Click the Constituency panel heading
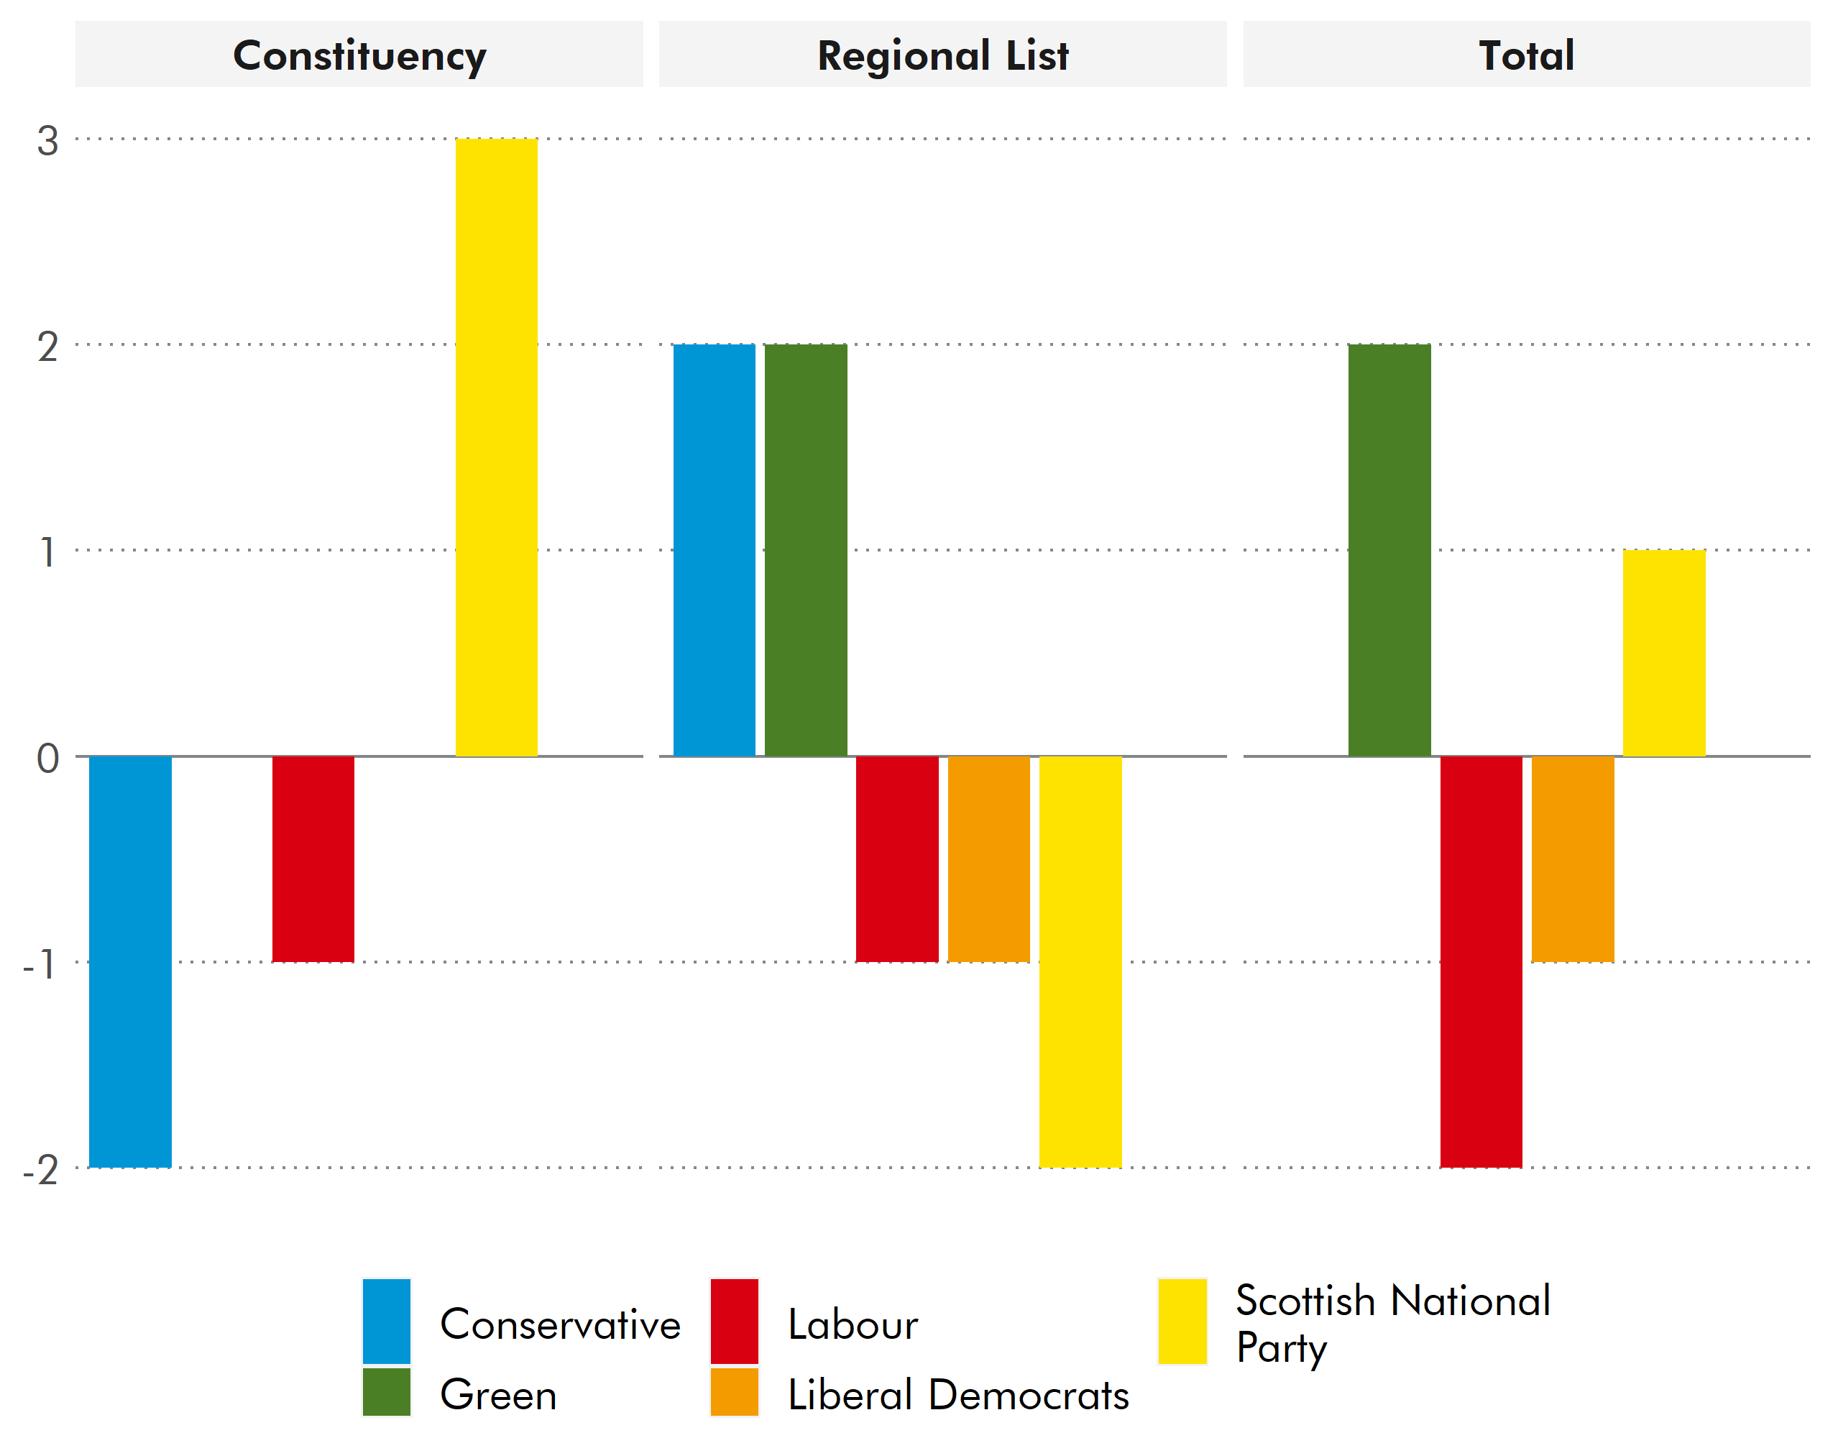359,55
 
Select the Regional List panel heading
943,55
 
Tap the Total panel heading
1526,55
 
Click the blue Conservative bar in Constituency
130,961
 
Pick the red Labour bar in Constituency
313,859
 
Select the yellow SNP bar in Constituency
497,447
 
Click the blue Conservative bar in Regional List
715,550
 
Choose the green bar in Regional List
806,550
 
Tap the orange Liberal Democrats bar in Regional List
989,859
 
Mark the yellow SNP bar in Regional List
1080,961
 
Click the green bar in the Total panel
1389,550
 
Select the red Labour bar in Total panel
1481,961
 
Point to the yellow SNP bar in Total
1664,653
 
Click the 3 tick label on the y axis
47,141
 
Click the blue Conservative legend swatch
387,1321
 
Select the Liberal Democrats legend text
958,1396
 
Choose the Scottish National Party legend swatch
1182,1321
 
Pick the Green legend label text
498,1396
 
